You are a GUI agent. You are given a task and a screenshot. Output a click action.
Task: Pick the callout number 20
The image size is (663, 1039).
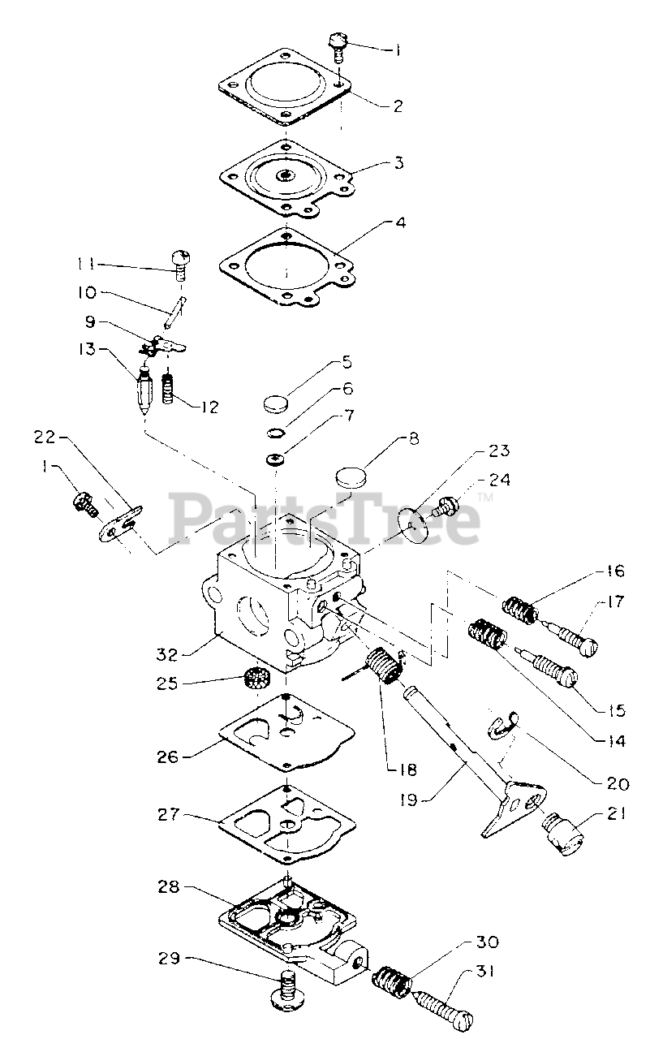point(618,784)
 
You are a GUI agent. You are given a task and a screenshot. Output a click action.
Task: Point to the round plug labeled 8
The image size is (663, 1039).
point(351,475)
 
